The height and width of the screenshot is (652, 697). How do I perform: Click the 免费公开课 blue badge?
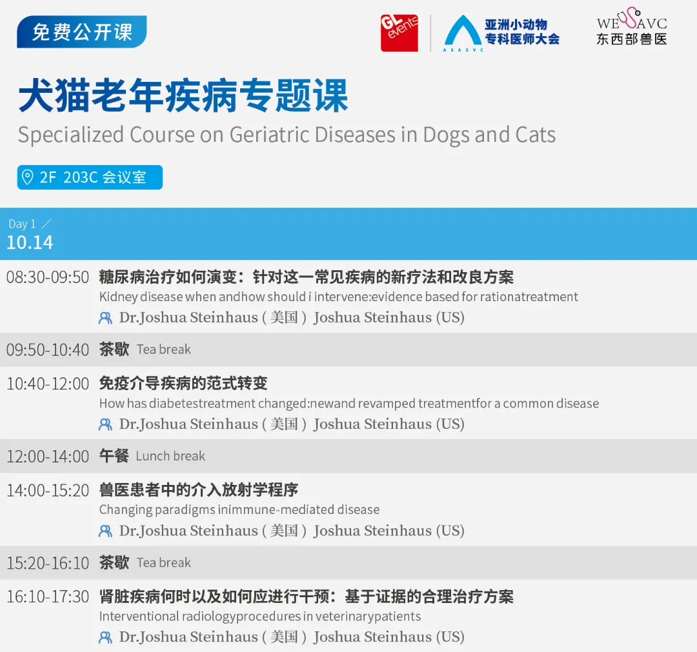(82, 32)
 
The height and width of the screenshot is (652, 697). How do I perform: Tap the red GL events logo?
(399, 33)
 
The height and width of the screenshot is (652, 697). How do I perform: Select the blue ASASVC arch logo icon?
(463, 32)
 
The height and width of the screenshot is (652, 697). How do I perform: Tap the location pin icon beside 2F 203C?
(28, 177)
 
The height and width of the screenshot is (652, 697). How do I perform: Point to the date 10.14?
(30, 243)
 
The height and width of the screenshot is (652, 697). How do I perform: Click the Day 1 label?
(23, 224)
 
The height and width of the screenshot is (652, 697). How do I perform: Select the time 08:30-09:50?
(48, 277)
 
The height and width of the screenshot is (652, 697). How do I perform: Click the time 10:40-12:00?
(48, 384)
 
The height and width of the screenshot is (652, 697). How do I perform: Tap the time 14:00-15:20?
(48, 490)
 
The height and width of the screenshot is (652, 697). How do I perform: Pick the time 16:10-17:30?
(48, 597)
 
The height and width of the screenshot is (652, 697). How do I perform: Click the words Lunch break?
(170, 456)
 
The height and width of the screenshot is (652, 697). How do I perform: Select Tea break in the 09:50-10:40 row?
(164, 350)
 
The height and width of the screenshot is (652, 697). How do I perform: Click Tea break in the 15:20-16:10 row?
(164, 562)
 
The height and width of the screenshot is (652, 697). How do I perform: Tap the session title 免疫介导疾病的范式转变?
(183, 384)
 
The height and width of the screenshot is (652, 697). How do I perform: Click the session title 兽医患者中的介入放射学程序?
(199, 490)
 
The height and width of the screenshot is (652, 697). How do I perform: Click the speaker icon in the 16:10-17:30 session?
(105, 637)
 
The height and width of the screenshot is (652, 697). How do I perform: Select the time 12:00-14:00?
(48, 457)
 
